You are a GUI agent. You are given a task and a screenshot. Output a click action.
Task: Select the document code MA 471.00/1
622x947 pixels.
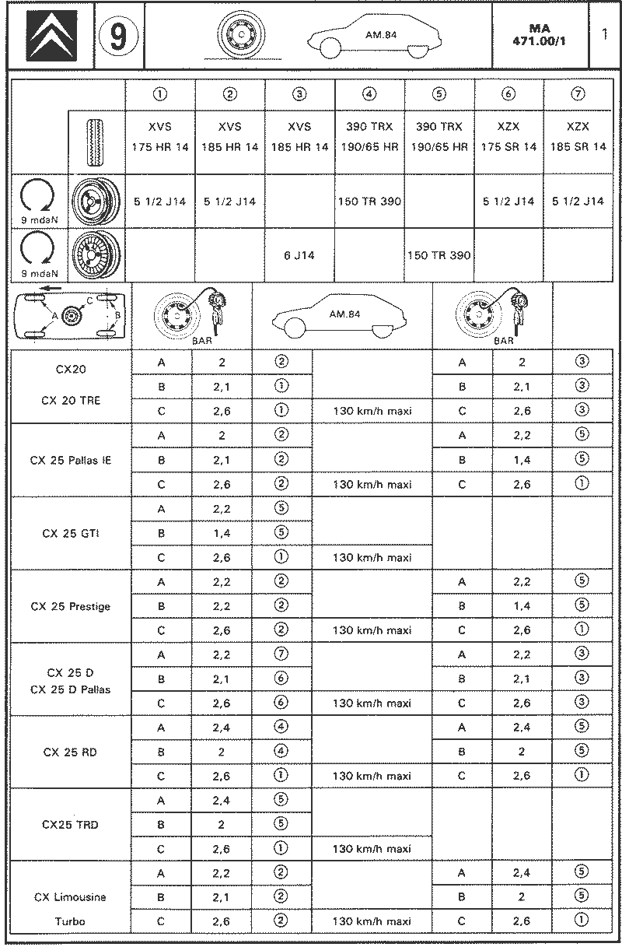click(539, 35)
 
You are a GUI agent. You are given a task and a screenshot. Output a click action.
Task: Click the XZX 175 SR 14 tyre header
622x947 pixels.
click(508, 136)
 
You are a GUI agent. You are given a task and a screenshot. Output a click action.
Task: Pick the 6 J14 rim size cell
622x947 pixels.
click(299, 254)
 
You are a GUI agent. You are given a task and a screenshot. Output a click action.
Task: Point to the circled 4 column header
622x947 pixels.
click(369, 94)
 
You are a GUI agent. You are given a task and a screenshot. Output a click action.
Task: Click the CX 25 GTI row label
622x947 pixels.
click(71, 533)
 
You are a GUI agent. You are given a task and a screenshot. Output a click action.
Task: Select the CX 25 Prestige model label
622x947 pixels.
click(71, 606)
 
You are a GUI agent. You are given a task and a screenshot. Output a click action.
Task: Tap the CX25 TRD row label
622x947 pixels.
click(71, 825)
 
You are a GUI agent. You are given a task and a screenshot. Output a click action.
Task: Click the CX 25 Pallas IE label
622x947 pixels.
click(71, 460)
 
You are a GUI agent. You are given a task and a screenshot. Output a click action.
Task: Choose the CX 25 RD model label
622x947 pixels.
click(71, 752)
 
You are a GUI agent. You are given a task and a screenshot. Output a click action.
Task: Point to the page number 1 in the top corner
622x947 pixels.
click(604, 35)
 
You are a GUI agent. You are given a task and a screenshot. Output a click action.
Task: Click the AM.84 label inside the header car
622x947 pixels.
click(380, 34)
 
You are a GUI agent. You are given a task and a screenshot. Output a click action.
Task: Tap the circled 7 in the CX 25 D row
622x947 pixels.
click(281, 654)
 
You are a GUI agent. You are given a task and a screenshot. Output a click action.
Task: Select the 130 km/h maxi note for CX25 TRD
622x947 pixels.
click(372, 848)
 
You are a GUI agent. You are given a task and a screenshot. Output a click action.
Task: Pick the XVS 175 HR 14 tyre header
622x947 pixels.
click(160, 136)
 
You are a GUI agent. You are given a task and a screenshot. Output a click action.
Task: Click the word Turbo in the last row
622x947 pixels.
click(71, 921)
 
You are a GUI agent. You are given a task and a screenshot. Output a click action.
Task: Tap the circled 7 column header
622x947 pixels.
click(578, 94)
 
